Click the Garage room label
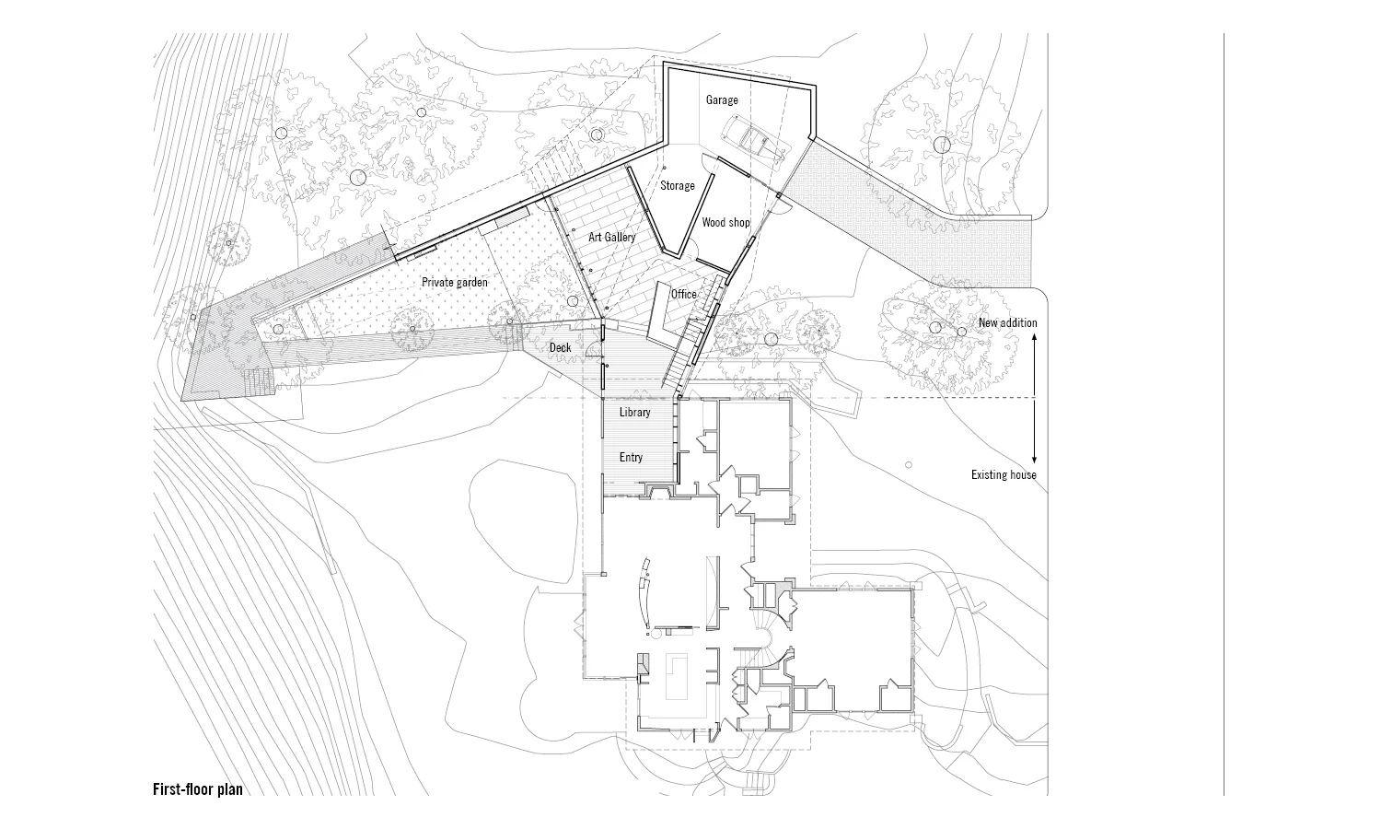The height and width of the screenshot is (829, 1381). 722,99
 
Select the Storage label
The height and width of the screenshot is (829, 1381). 678,186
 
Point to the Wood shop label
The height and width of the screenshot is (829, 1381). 725,223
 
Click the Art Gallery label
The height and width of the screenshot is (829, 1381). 612,238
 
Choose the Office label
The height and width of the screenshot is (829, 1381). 684,294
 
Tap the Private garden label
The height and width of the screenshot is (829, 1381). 455,282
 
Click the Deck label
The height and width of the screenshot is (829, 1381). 560,347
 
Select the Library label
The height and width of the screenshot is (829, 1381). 634,412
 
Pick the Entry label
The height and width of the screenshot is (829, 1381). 631,458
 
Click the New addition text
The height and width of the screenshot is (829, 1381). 1007,322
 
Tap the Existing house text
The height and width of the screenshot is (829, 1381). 1004,475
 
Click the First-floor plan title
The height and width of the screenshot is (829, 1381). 198,789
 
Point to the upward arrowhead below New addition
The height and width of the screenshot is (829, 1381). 1035,339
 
